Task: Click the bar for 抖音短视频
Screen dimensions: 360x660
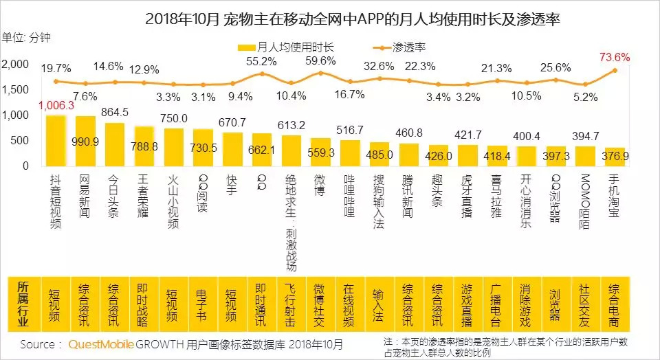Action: coord(56,140)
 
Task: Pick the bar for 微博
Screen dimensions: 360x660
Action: coord(320,152)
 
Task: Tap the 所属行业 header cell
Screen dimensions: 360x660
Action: coord(23,302)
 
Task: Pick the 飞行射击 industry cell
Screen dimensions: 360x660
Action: coord(291,302)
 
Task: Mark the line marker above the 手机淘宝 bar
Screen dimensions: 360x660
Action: coord(615,70)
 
